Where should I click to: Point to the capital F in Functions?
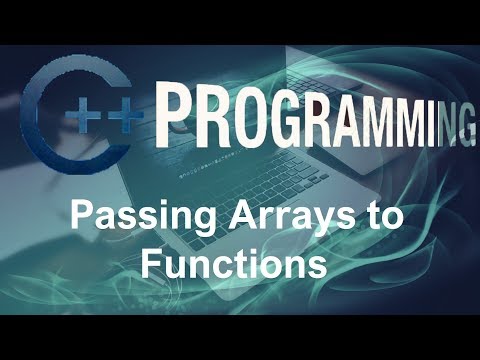[151, 263]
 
